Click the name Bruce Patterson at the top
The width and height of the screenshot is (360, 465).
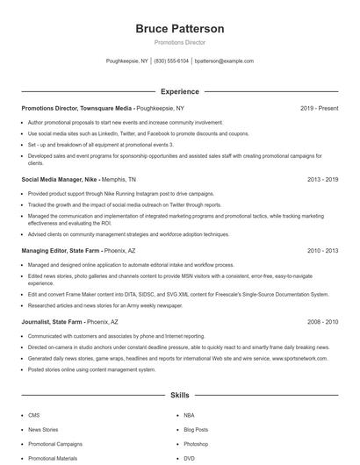[179, 29]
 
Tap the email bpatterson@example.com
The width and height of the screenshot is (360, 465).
[224, 61]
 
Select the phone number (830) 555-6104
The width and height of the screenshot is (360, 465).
[170, 61]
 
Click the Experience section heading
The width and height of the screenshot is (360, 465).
[179, 91]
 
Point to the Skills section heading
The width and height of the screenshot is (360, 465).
[179, 396]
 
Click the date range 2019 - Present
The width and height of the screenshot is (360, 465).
[319, 108]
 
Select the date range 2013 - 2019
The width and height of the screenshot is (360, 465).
[322, 179]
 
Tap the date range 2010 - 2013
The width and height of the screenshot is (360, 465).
[322, 250]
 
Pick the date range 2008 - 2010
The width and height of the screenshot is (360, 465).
[322, 322]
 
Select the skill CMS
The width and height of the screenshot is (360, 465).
[34, 416]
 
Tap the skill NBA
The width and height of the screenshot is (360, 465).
[190, 416]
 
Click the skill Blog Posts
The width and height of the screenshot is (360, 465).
[196, 430]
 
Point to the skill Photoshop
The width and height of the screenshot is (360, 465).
[197, 444]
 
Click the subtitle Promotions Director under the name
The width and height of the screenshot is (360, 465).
[179, 42]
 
